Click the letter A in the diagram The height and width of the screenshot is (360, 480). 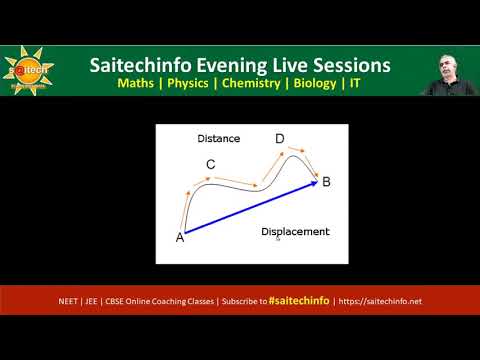tap(180, 237)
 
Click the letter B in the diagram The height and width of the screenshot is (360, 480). tap(326, 181)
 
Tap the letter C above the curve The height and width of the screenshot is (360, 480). tap(210, 164)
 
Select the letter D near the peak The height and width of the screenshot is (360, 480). tap(279, 139)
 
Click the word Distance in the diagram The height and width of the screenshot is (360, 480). tap(218, 138)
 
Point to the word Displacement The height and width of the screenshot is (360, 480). tap(295, 232)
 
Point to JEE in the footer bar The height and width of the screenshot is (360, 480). tap(101, 300)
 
